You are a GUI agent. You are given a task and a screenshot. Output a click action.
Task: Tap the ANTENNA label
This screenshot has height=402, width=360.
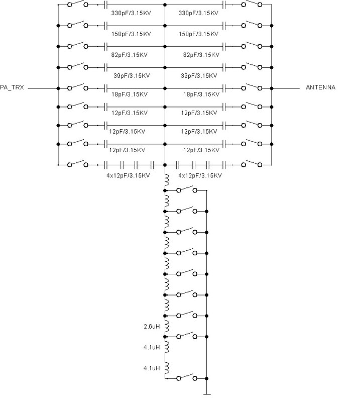pyautogui.click(x=320, y=88)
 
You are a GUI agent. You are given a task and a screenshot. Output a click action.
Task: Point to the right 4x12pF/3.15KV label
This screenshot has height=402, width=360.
pyautogui.click(x=200, y=176)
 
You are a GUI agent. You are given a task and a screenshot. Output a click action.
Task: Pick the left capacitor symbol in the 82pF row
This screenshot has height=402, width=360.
pyautogui.click(x=106, y=46)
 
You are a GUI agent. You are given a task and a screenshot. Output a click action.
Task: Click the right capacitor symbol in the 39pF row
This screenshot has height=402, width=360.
pyautogui.click(x=224, y=67)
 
